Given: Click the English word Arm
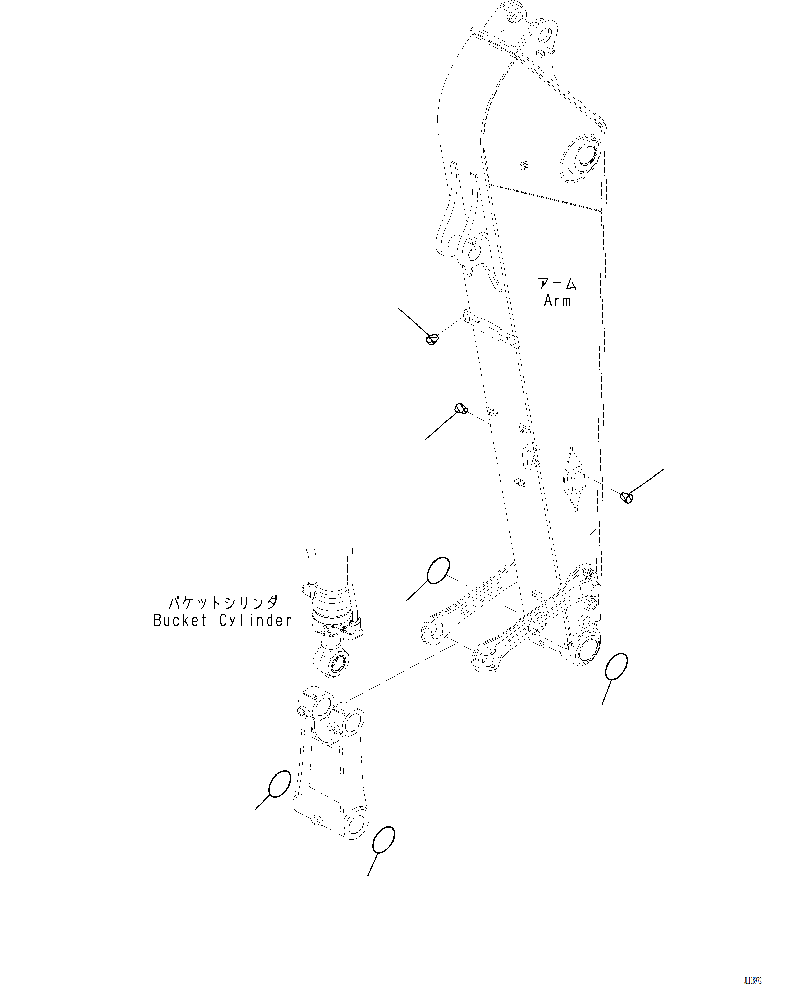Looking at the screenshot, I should point(557,301).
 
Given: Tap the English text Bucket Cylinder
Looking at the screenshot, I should point(222,620).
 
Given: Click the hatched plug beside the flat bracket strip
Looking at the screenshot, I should point(432,340).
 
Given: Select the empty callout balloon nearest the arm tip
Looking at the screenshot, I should point(617,666).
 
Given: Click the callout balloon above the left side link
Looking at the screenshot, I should point(438,570).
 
